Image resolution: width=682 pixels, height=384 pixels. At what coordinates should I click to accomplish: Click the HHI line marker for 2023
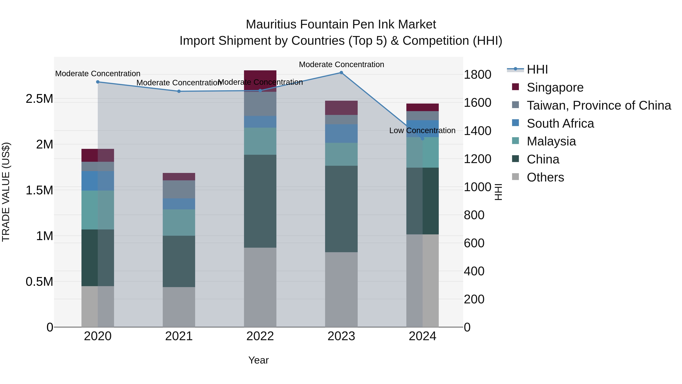(x=341, y=73)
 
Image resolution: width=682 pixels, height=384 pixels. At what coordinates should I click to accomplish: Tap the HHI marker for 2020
(x=98, y=82)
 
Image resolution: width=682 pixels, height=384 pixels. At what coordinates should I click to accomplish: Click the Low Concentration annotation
(x=422, y=131)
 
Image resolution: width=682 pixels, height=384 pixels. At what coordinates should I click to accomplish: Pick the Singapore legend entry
(x=555, y=87)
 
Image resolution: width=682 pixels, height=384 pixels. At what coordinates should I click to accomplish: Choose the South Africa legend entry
(x=560, y=123)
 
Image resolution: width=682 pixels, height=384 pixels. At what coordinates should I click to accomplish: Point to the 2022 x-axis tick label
(x=260, y=336)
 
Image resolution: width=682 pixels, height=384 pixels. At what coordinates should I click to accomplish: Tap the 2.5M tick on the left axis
(x=39, y=99)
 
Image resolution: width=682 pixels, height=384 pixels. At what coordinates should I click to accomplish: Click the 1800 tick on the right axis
(x=477, y=75)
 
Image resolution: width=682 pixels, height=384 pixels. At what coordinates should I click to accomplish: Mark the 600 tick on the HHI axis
(x=474, y=243)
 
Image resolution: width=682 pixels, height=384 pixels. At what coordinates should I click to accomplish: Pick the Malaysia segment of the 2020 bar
(x=98, y=210)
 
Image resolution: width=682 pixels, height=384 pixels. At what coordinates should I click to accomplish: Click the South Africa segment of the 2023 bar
(x=341, y=133)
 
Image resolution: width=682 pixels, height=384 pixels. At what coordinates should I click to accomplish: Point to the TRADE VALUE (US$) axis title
(x=6, y=192)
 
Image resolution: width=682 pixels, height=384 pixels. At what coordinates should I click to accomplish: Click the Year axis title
(x=258, y=360)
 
